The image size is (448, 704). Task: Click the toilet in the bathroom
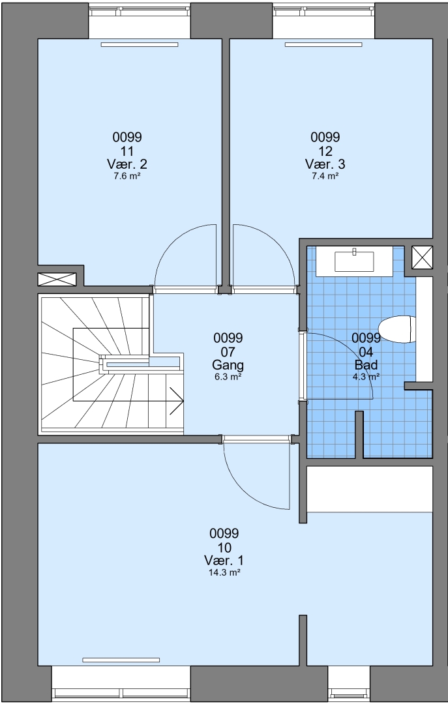396,330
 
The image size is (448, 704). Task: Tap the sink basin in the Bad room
354,261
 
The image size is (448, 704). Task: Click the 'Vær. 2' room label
127,164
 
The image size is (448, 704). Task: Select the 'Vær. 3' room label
325,164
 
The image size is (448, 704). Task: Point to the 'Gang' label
228,364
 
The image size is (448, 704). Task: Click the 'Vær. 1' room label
224,561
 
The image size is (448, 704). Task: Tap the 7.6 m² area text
127,176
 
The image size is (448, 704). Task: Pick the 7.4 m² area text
325,176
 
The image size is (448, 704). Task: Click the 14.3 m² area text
224,572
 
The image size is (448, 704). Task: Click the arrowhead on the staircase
177,400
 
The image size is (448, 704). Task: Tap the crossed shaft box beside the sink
423,257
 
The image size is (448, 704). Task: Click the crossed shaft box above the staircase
57,279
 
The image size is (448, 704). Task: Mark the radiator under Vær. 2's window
140,44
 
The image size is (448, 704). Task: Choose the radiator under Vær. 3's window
323,44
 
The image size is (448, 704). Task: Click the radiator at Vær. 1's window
121,660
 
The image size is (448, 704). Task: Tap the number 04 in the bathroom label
366,351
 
